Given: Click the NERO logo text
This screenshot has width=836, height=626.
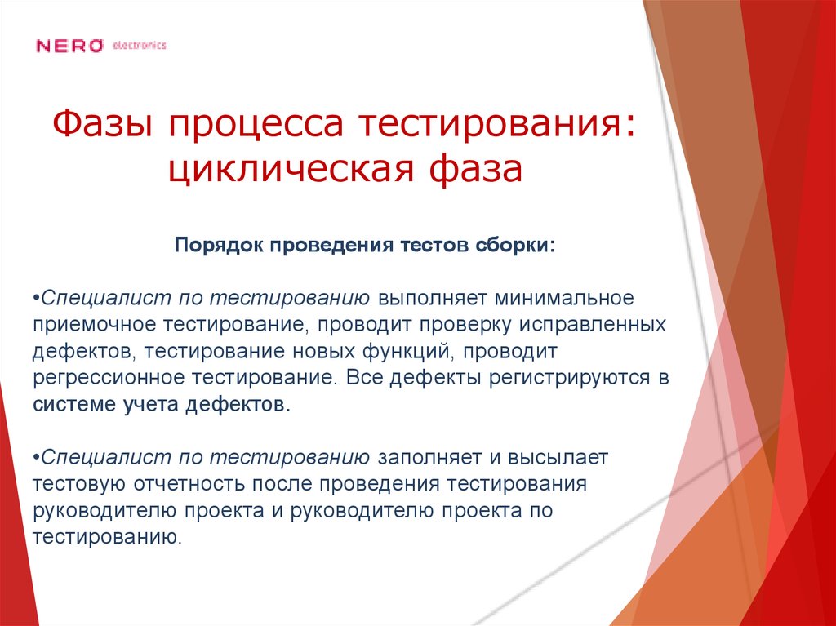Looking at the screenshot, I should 69,46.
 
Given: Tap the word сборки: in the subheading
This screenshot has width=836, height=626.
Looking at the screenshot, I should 515,246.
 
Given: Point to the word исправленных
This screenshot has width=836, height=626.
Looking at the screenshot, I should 597,323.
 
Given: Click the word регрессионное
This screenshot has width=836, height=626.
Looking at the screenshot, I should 109,379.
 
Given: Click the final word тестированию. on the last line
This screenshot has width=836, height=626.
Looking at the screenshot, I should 106,538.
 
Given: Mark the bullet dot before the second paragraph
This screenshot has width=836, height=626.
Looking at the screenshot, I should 37,455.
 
